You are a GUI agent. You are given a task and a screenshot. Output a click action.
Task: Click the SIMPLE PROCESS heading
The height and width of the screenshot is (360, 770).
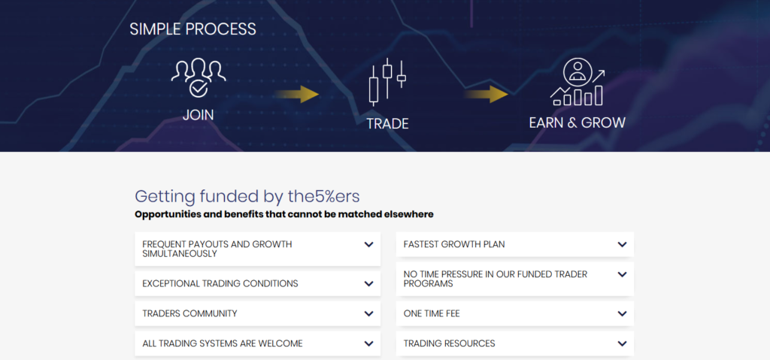click(x=193, y=29)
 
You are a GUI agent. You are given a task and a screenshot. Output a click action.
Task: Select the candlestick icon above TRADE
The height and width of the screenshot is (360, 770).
click(x=387, y=82)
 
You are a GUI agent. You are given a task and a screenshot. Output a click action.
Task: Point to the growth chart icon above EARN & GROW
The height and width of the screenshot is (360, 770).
click(x=577, y=82)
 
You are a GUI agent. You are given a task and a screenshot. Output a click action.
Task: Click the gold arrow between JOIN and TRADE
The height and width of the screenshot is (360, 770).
click(x=296, y=94)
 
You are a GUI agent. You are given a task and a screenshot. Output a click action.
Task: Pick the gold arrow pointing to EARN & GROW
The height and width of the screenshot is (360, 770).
click(x=487, y=94)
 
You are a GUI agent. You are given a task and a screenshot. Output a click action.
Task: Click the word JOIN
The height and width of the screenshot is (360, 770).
click(x=199, y=115)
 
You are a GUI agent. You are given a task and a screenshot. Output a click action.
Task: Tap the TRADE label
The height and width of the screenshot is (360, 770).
click(x=387, y=124)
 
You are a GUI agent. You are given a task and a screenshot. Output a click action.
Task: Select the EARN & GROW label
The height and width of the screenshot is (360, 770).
click(x=577, y=123)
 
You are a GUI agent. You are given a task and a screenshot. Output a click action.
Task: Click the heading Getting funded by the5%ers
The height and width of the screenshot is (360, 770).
click(x=247, y=196)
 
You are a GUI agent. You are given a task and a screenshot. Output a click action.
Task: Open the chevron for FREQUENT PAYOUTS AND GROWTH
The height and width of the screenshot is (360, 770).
click(x=368, y=244)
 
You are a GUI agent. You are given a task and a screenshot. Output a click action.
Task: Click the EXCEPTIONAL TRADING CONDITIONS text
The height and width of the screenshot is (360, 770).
click(x=220, y=284)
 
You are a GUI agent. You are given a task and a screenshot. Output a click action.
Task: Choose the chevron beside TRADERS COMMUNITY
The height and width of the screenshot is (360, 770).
click(x=368, y=314)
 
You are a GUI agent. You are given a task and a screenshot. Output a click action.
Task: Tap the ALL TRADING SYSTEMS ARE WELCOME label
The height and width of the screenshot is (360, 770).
click(x=223, y=343)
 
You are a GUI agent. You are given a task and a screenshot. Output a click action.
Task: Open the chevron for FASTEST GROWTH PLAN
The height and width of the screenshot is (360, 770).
click(x=622, y=244)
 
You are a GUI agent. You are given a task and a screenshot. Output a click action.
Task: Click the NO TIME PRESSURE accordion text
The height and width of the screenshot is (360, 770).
click(x=496, y=279)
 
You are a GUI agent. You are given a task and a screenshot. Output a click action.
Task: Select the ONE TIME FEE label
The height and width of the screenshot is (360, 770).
click(x=432, y=313)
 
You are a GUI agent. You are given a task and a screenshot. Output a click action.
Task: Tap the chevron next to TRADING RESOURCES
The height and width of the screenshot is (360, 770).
click(x=622, y=343)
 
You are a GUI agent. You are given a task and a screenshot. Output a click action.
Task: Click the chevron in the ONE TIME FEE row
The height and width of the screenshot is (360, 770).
click(x=622, y=314)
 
